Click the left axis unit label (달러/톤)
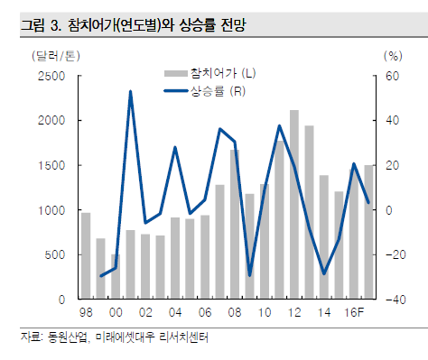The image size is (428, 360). [x=50, y=56]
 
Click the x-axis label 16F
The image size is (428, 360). [x=355, y=311]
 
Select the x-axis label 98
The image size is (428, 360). [x=86, y=311]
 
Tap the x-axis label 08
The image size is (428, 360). [x=234, y=311]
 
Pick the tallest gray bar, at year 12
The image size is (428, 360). [x=294, y=204]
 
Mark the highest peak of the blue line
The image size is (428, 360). [x=131, y=91]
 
